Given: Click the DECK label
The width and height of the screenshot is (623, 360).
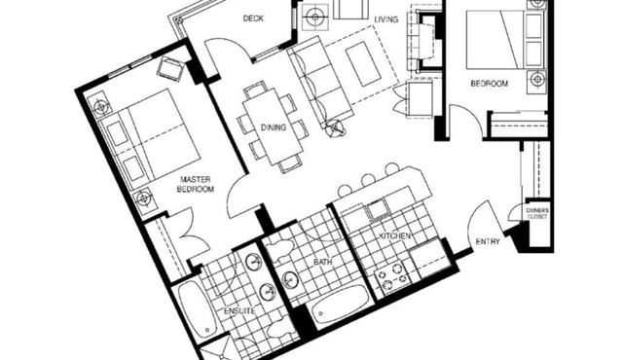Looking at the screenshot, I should pyautogui.click(x=253, y=18).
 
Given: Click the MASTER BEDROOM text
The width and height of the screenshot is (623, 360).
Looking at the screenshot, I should pyautogui.click(x=195, y=185).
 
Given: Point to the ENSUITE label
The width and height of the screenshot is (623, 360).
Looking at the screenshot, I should pyautogui.click(x=239, y=310).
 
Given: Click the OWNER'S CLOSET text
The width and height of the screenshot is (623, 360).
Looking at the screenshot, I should pyautogui.click(x=537, y=214).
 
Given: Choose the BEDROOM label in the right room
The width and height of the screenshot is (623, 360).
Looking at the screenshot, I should pyautogui.click(x=490, y=85).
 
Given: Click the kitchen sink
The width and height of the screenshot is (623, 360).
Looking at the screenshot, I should pyautogui.click(x=377, y=210).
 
